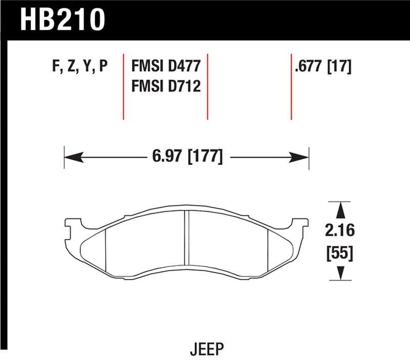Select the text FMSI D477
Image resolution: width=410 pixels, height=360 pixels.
166,67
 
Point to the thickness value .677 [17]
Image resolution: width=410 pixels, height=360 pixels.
322,67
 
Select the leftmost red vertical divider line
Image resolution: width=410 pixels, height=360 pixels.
124,86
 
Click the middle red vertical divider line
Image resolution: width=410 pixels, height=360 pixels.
208,86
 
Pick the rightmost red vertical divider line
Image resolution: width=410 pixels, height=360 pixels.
291,86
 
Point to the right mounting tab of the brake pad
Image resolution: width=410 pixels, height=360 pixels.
301,224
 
